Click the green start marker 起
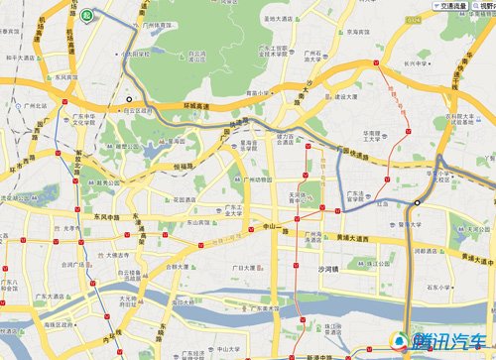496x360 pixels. (87, 15)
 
